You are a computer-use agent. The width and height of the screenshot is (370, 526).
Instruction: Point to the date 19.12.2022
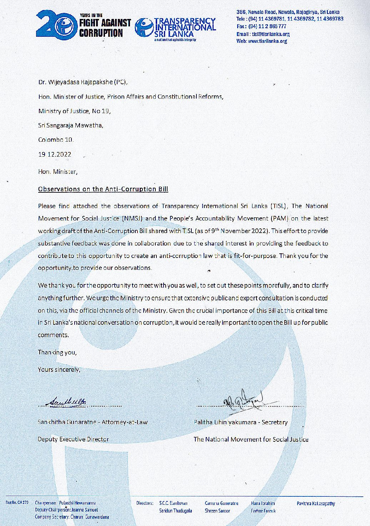tap(55, 155)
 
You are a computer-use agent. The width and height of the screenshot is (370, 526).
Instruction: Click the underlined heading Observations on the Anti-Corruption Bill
tap(103, 189)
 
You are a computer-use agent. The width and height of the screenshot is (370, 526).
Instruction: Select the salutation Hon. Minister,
tap(57, 172)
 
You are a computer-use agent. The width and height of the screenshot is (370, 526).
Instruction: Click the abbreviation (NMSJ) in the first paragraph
tap(132, 218)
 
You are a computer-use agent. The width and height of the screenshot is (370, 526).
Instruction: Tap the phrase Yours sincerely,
tap(59, 369)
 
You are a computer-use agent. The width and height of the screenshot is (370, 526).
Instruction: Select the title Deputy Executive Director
tap(74, 439)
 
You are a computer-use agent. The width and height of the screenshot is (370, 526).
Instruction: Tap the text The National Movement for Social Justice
tap(251, 439)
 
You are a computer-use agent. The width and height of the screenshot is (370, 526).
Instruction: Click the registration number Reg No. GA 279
tap(17, 502)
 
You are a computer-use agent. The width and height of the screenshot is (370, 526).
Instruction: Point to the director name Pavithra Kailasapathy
tap(316, 504)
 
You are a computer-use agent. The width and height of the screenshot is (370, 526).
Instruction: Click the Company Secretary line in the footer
tap(72, 517)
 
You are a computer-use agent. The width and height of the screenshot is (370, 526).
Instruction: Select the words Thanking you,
tap(57, 352)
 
